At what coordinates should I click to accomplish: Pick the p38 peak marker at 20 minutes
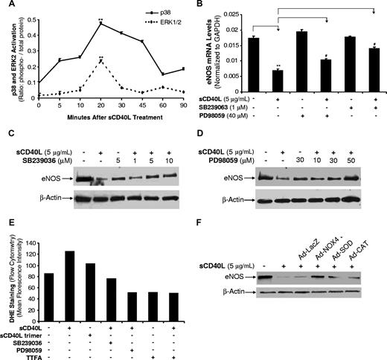100,24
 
